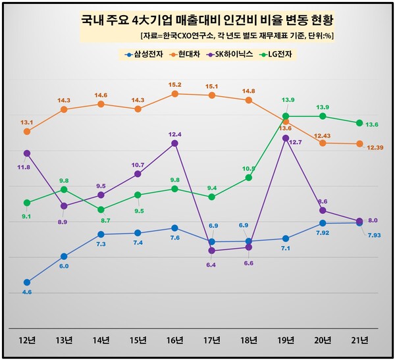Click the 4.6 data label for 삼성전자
point(27,292)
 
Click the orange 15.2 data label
point(174,84)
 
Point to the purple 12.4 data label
point(174,134)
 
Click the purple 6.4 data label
point(211,265)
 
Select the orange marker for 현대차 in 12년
point(27,132)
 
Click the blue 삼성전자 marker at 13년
point(64,256)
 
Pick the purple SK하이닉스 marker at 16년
point(174,143)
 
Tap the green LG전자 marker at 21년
point(359,123)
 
